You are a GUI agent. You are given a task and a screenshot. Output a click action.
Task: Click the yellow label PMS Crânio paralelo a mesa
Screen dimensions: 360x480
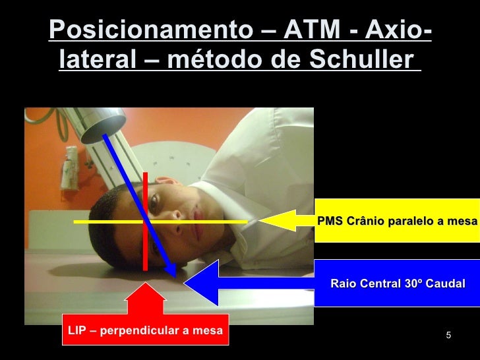[397, 220]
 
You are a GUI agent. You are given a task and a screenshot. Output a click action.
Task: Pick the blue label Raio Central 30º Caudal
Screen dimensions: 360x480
[397, 284]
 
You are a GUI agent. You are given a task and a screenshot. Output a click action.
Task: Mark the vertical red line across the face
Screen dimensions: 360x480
[145, 198]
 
